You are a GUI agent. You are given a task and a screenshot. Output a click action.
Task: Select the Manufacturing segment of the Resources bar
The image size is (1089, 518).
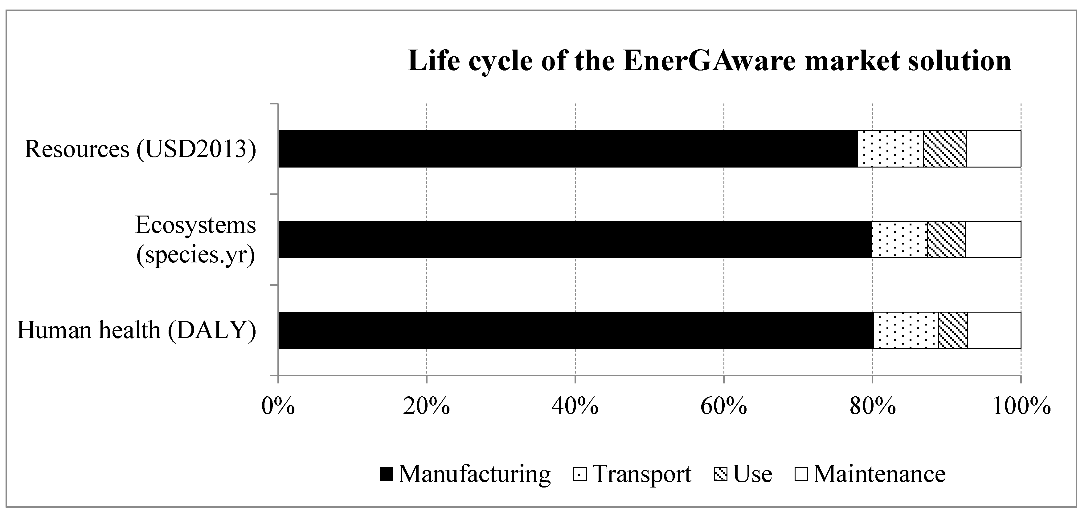click(x=568, y=149)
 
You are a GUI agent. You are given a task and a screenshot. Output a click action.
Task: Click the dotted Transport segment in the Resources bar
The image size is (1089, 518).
click(x=890, y=149)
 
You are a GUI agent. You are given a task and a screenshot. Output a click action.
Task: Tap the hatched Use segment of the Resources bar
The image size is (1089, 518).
click(x=944, y=149)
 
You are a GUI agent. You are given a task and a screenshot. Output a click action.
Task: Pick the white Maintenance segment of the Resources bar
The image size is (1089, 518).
click(x=993, y=149)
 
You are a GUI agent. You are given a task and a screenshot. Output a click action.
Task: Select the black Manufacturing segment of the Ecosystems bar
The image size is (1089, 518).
click(x=575, y=240)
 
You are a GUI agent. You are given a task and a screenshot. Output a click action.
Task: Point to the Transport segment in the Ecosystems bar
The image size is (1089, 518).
click(x=899, y=240)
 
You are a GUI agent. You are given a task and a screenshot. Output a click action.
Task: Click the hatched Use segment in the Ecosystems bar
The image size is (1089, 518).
click(x=946, y=240)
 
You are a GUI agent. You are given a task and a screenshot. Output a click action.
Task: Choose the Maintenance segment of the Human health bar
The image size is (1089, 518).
click(x=994, y=330)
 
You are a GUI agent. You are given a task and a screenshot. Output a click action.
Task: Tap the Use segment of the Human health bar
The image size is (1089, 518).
click(x=953, y=330)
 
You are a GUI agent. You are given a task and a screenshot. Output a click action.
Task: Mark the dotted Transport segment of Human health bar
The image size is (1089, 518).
click(x=906, y=330)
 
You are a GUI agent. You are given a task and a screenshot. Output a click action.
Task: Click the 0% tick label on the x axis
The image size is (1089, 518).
click(x=278, y=407)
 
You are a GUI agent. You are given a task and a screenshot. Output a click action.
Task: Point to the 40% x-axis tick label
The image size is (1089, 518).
click(x=575, y=407)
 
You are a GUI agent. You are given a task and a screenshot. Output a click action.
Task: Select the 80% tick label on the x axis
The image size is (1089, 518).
click(x=872, y=407)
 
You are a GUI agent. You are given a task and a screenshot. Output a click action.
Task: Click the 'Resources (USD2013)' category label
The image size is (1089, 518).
click(x=140, y=149)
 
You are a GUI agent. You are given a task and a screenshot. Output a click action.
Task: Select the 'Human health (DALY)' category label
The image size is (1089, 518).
click(x=136, y=330)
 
